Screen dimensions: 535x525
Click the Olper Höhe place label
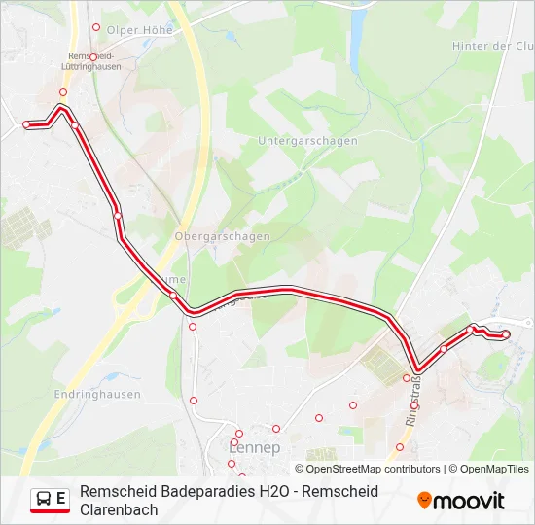(x=139, y=30)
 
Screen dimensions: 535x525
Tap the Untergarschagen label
(x=307, y=141)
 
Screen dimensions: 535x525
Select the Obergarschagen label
(x=222, y=236)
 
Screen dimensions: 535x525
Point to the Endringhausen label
(x=97, y=395)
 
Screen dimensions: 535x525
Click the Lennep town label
(x=254, y=448)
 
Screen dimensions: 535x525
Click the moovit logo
(x=461, y=501)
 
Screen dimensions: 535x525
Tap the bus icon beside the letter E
(x=45, y=500)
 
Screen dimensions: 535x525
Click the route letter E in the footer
(x=61, y=499)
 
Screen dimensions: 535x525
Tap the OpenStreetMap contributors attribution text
(x=367, y=469)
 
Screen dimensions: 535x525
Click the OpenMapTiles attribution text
(x=493, y=469)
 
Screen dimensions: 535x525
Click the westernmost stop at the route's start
(x=26, y=124)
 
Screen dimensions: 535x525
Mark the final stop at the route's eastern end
(x=506, y=334)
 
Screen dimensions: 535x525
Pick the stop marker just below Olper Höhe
(x=95, y=27)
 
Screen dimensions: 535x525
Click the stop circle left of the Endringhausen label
(x=194, y=400)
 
